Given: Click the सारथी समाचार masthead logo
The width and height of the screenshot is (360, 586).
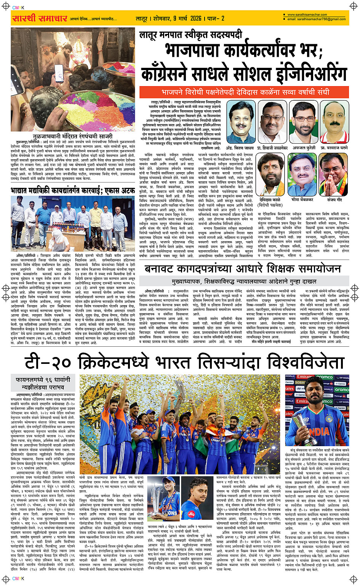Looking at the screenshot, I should tap(40, 18).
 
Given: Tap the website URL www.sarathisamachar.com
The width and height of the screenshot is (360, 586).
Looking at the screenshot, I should tap(307, 15).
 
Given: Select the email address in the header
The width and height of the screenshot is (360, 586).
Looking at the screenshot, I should tap(317, 19).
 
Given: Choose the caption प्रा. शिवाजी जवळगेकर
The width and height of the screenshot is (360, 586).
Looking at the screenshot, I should tap(272, 147).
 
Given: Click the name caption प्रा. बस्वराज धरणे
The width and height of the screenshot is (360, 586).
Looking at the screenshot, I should tap(334, 147).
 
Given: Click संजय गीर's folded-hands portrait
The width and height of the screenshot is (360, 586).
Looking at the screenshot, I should tap(334, 175).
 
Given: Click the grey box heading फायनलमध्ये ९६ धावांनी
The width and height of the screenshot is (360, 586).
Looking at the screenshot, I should tap(43, 380).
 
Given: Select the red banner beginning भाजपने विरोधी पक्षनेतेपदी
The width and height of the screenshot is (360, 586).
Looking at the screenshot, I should tap(245, 92).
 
